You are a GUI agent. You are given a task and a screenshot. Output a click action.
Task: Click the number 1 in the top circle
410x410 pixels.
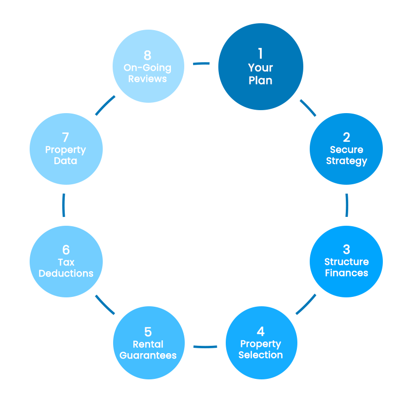260,53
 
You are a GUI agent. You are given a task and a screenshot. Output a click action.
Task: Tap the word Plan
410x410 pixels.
260,80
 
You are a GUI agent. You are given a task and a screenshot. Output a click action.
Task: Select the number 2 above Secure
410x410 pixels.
346,137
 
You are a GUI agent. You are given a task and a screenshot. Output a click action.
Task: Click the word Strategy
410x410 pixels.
346,161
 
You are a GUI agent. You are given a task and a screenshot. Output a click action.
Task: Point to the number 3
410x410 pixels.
346,249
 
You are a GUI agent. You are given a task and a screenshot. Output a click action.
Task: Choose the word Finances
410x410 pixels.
346,273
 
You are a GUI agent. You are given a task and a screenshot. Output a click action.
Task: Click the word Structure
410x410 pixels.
346,262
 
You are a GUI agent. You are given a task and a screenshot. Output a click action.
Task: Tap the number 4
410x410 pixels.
260,331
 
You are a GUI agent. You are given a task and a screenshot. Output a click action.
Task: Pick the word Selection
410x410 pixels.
260,355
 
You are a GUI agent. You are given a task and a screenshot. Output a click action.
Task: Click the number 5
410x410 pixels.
148,331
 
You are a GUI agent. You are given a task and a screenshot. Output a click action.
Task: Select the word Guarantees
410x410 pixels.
148,355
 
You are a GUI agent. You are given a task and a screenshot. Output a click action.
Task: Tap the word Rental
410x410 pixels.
148,344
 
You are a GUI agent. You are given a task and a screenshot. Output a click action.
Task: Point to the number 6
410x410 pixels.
66,249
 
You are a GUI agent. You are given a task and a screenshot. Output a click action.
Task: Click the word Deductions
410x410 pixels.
66,273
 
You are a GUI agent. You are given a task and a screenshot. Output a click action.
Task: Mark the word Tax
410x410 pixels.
66,262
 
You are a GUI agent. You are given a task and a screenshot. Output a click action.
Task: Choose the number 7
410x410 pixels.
66,137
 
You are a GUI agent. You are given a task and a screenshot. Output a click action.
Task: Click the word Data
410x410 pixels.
66,161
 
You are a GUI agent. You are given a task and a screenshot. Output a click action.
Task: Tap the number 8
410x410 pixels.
147,55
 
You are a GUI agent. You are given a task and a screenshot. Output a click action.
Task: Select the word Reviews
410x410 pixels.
147,79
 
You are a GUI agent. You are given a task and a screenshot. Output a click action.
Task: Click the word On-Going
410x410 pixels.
147,68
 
